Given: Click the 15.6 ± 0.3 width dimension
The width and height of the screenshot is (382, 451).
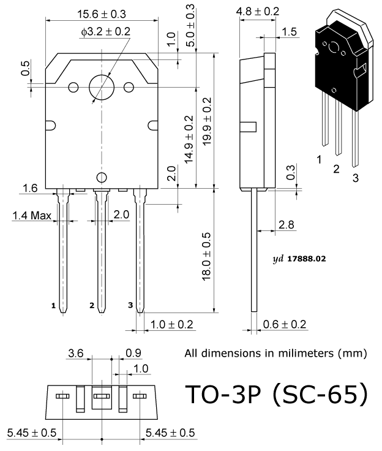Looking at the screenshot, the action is (x=102, y=14).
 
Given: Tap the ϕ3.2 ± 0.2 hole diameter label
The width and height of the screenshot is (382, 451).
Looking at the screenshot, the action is (x=105, y=32).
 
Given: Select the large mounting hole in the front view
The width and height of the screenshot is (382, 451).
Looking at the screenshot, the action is (x=102, y=87).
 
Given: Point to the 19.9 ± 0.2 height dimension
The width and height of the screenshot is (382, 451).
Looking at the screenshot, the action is (x=207, y=121).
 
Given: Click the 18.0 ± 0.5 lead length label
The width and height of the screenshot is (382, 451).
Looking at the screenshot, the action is (x=207, y=257).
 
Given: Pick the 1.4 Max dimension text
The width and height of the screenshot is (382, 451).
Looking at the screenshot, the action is (x=32, y=216).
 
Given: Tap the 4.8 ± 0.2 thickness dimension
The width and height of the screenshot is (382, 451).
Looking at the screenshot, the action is (x=258, y=12).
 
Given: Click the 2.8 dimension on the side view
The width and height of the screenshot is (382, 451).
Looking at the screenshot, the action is (x=286, y=225).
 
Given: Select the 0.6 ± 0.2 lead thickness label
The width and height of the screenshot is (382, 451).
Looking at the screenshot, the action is (x=285, y=324).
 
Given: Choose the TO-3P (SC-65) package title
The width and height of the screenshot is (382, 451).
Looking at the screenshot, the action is (x=277, y=395).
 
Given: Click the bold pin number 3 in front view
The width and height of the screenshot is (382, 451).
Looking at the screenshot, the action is (x=130, y=305).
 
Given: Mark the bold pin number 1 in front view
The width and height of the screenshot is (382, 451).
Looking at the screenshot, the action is (x=53, y=305).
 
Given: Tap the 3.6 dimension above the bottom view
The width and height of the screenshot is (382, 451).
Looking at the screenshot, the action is (x=75, y=353).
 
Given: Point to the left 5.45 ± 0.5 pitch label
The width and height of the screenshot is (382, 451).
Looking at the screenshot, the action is (x=32, y=432).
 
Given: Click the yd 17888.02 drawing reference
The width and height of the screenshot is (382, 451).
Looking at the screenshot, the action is (x=299, y=259).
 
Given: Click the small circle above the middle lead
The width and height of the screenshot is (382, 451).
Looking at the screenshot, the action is (x=102, y=178).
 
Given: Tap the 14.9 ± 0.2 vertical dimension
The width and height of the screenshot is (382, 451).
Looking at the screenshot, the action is (x=189, y=140).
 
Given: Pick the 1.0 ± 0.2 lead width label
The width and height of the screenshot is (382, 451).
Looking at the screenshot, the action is (x=171, y=325).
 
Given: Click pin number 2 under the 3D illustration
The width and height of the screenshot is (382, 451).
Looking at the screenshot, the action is (x=336, y=169).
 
